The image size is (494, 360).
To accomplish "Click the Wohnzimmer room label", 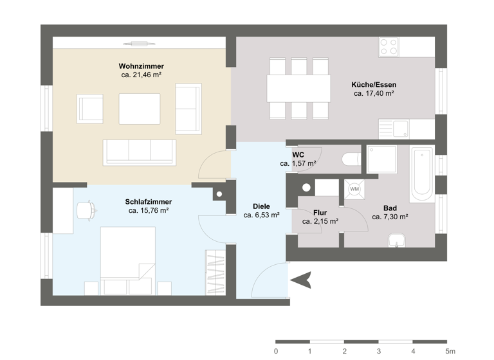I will point(141,66).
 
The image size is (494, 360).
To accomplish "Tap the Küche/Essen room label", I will point(374,84).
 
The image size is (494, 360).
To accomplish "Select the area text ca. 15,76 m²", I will point(148,210).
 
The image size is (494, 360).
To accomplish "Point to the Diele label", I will point(261,206).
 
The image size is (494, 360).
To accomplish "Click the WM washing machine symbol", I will point(354,189).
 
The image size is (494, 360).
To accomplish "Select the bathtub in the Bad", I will point(422,173).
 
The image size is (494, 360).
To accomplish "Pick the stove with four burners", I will point(389,47).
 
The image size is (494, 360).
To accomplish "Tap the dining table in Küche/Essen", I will point(298,89).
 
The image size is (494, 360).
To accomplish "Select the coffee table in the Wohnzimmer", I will point(139,109).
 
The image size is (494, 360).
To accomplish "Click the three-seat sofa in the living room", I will point(140,152).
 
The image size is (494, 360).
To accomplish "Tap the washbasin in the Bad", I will point(397,241).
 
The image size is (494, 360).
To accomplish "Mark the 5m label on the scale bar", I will point(450,352).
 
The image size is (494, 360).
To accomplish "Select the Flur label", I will point(320,212).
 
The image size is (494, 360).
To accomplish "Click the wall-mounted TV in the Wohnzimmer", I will point(140,44).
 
